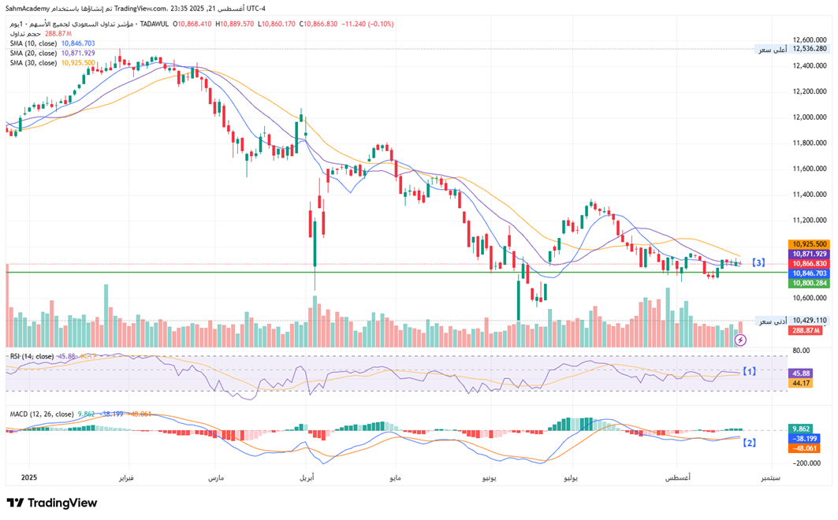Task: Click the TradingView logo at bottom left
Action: pyautogui.click(x=52, y=503)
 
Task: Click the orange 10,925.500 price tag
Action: pyautogui.click(x=810, y=244)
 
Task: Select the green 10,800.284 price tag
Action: pyautogui.click(x=810, y=283)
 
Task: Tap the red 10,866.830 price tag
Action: pyautogui.click(x=810, y=263)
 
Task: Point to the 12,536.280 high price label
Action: pyautogui.click(x=810, y=49)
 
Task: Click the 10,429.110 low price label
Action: pyautogui.click(x=810, y=321)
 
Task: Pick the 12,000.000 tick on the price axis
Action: pyautogui.click(x=810, y=117)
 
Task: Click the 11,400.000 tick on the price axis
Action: pyautogui.click(x=810, y=195)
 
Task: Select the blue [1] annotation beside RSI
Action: pyautogui.click(x=750, y=370)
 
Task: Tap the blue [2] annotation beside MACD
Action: pyautogui.click(x=750, y=443)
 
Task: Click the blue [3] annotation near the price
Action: pyautogui.click(x=758, y=262)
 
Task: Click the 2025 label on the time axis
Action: pyautogui.click(x=29, y=477)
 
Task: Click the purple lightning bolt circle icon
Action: pyautogui.click(x=741, y=340)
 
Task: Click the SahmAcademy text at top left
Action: pyautogui.click(x=29, y=8)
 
